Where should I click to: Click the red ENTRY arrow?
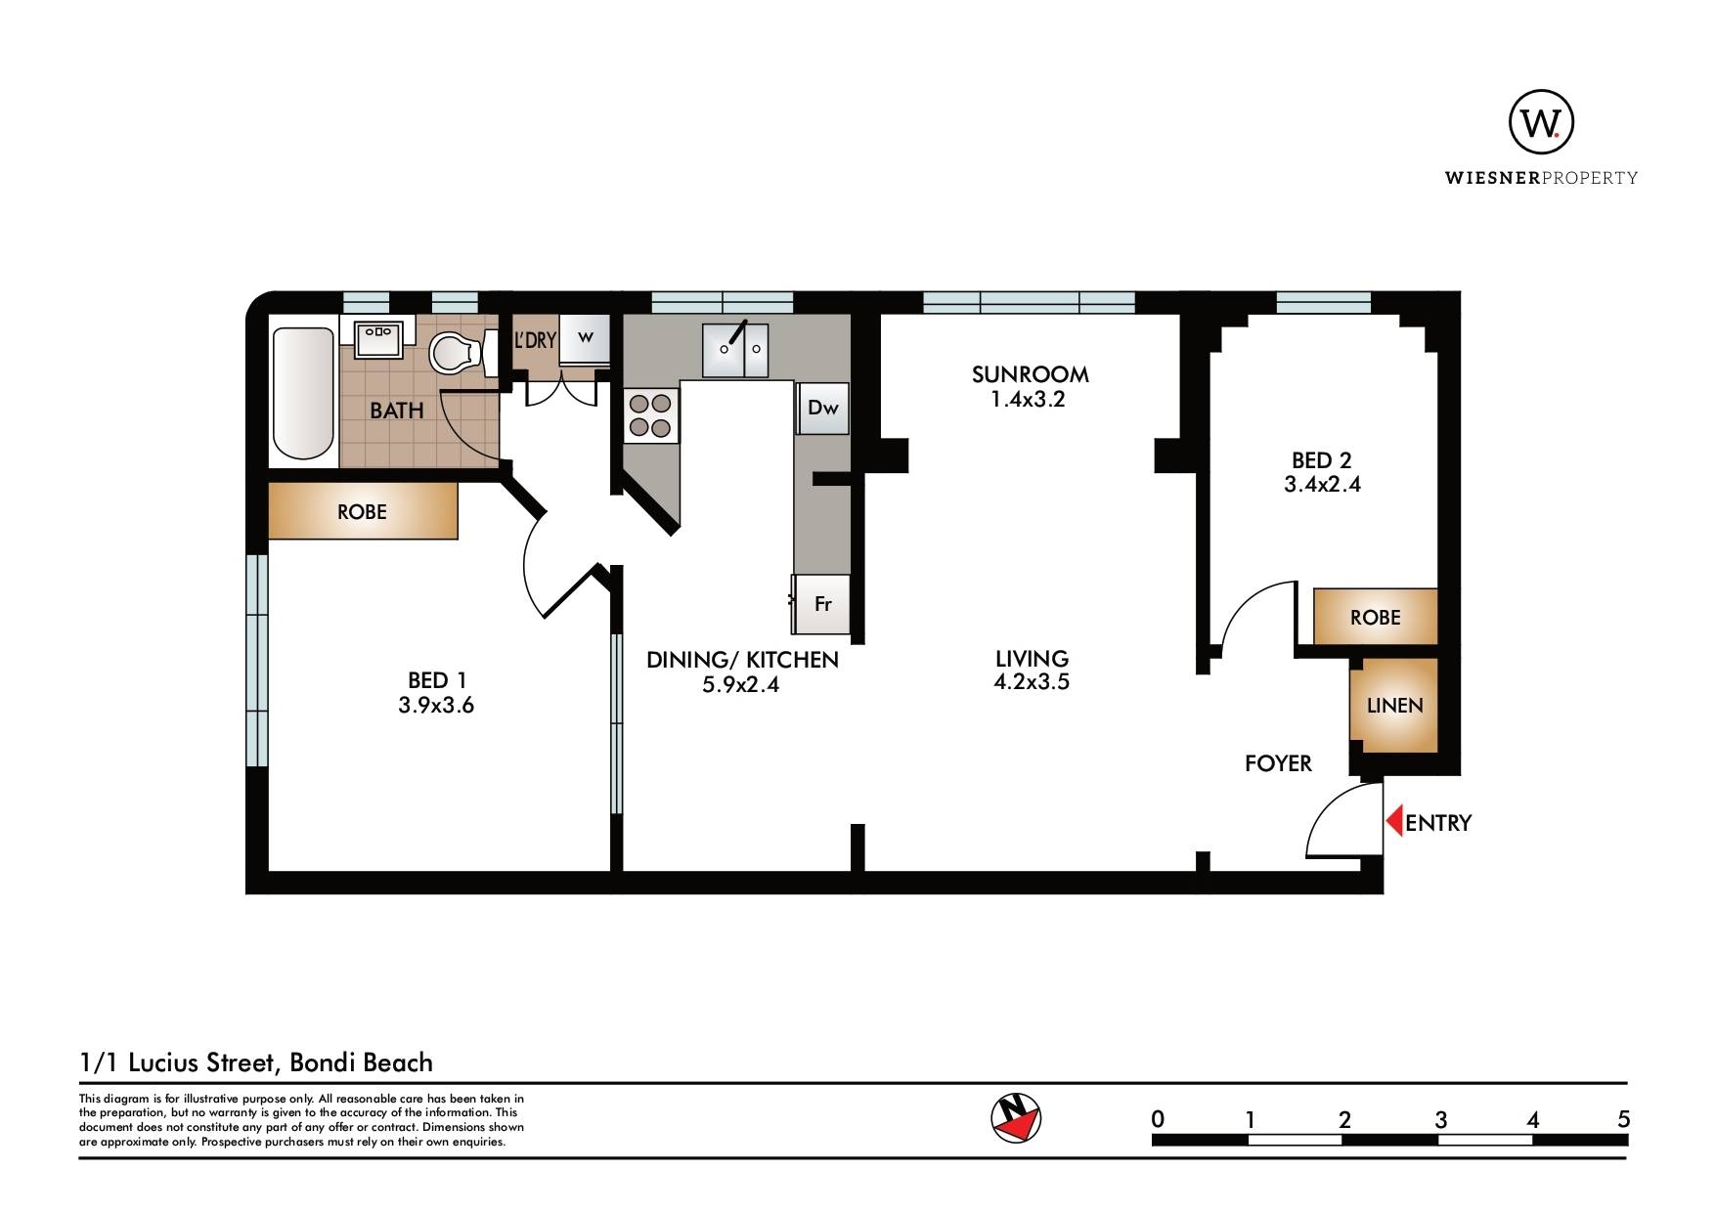[1394, 820]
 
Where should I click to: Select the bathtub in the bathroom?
[303, 393]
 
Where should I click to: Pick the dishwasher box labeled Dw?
[823, 408]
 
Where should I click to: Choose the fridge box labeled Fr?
[821, 604]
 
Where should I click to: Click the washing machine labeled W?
[586, 337]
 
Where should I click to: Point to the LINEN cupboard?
[1394, 705]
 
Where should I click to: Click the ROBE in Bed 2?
[1376, 617]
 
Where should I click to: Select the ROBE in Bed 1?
[363, 511]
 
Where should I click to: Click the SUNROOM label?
[1030, 373]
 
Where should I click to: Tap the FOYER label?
[1278, 763]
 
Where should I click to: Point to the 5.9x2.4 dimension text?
[741, 684]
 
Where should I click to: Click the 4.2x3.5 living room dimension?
[1032, 682]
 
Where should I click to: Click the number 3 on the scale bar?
[1440, 1120]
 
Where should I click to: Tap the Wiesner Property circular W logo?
[1541, 122]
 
